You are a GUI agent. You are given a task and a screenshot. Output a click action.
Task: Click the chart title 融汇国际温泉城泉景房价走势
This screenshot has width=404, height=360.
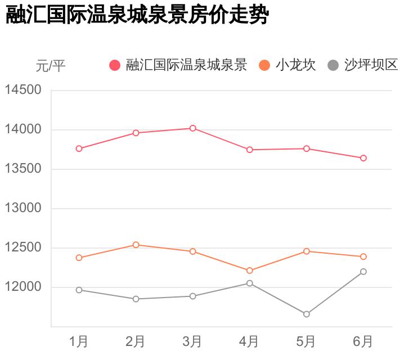[137, 15]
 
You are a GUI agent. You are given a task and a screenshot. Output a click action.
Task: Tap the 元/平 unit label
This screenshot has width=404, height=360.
[50, 66]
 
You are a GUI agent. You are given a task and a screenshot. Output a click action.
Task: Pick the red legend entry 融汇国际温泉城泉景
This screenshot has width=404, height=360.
[178, 65]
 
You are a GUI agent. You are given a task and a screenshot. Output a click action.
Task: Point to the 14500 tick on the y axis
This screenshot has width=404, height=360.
[23, 90]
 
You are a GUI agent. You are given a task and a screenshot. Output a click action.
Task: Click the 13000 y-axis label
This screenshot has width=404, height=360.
[23, 208]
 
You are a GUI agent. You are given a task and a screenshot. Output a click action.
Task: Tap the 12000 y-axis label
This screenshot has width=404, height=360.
[23, 287]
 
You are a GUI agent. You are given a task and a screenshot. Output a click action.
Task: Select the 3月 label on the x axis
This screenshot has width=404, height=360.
[192, 341]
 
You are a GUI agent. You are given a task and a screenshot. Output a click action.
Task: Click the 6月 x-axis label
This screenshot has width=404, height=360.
[363, 341]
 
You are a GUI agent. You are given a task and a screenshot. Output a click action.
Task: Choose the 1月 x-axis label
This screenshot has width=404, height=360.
[79, 341]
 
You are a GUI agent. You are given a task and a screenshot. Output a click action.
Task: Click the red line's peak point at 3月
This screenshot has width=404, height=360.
[192, 128]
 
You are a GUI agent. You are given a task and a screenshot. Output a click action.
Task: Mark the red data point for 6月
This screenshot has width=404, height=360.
[363, 158]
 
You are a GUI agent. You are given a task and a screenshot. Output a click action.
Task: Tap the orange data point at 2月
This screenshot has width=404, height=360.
[136, 245]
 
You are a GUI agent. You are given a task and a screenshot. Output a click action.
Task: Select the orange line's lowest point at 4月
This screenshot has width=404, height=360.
[249, 271]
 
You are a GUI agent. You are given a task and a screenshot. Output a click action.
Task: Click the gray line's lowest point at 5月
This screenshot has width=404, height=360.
[307, 314]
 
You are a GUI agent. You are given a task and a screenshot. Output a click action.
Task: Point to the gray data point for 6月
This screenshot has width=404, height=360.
[363, 272]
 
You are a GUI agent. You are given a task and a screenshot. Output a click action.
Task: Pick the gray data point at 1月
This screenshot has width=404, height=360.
[79, 290]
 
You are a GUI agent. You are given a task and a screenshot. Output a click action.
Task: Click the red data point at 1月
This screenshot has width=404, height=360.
[79, 148]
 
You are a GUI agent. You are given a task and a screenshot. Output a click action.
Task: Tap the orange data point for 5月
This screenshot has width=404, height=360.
[307, 251]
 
